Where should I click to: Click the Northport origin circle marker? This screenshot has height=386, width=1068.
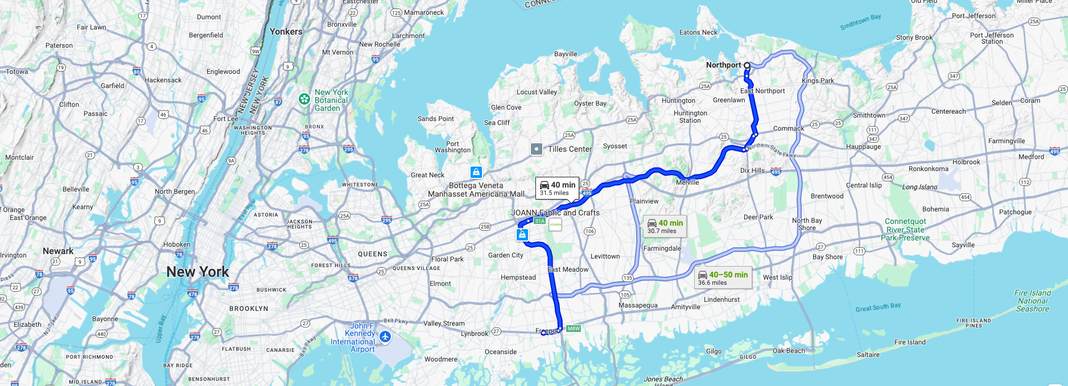(747, 65)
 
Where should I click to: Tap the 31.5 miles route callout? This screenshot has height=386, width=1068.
(557, 188)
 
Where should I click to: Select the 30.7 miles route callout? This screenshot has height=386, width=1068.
(665, 226)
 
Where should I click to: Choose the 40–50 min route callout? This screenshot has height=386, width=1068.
(723, 278)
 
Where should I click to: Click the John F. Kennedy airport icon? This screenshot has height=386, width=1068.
(385, 337)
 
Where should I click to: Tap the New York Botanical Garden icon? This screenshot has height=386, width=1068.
(304, 99)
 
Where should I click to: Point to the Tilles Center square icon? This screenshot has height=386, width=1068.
(536, 149)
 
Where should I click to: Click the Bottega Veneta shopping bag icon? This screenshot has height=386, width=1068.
(476, 172)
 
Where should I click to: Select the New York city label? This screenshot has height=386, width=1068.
(197, 272)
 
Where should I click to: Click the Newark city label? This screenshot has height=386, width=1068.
(58, 251)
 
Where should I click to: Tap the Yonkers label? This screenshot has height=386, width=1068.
(286, 32)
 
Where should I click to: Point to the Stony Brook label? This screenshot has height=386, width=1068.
(914, 38)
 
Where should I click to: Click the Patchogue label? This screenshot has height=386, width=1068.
(1015, 212)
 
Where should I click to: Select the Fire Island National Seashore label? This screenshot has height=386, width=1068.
(1032, 301)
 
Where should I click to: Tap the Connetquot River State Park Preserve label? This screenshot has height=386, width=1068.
(905, 230)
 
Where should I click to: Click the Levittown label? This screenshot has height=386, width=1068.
(605, 256)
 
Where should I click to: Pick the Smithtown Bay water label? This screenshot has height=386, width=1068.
(860, 22)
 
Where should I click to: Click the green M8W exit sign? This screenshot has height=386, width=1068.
(574, 329)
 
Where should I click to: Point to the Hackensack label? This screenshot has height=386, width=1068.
(163, 80)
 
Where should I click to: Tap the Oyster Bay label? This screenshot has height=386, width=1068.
(590, 103)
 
